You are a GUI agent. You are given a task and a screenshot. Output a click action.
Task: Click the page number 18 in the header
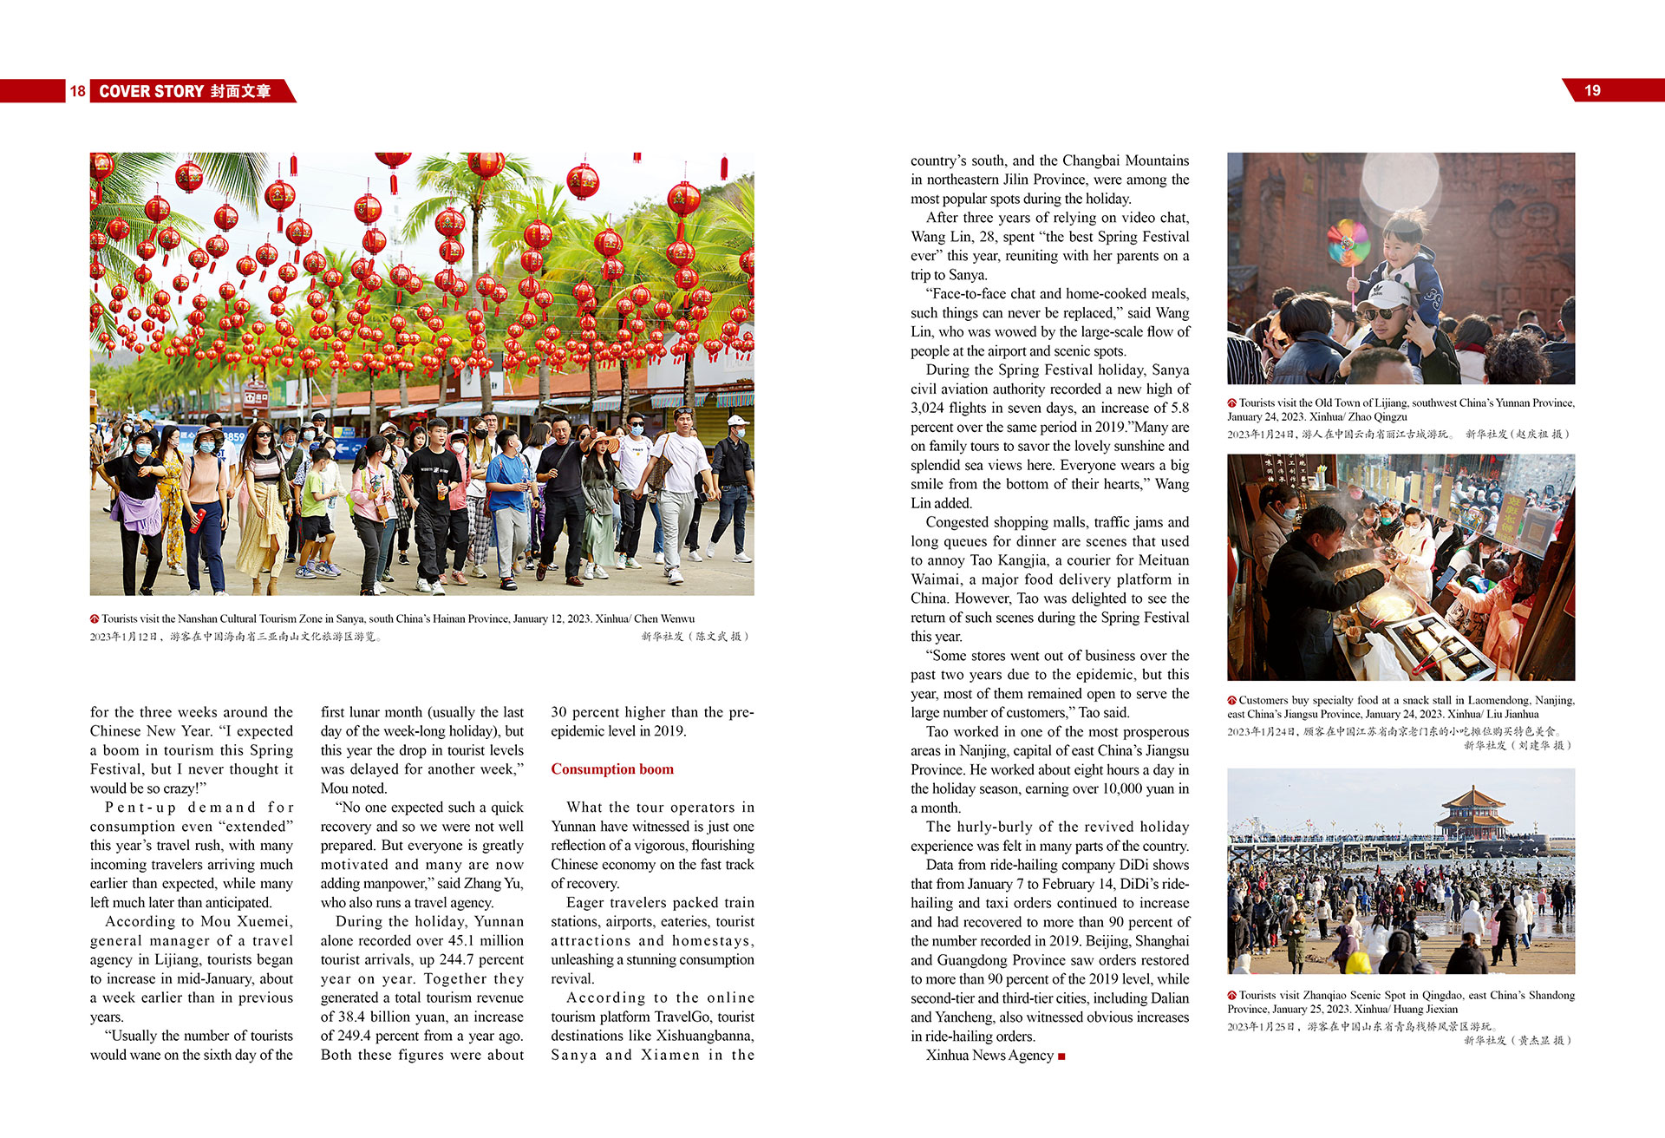tap(77, 91)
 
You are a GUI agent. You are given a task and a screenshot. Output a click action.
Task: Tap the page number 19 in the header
tap(1592, 91)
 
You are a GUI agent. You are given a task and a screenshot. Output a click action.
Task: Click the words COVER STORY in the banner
tap(151, 91)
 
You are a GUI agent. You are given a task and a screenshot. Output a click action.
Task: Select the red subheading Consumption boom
tap(612, 769)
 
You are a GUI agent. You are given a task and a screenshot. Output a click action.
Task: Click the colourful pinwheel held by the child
tap(1348, 242)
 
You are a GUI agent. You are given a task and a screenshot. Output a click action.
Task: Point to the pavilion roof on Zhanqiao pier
tap(1473, 803)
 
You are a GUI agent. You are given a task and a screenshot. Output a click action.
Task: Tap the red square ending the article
tap(1062, 1056)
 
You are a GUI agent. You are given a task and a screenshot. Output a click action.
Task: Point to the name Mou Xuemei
tap(246, 921)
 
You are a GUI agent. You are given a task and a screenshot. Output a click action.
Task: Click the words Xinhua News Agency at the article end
tap(989, 1056)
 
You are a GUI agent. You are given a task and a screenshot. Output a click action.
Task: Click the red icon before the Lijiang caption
tap(1231, 403)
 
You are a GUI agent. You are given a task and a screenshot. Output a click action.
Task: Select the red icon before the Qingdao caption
tap(1231, 996)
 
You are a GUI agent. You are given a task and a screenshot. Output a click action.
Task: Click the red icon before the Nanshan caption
tap(95, 619)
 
